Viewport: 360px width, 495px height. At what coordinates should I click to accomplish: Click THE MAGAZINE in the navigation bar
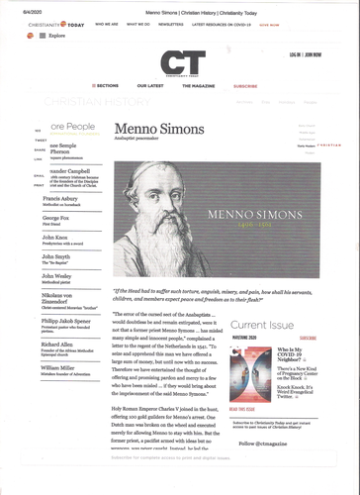click(207, 86)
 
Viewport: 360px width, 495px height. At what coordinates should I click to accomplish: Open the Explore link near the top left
click(56, 35)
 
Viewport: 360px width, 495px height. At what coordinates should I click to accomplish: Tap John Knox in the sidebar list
click(55, 238)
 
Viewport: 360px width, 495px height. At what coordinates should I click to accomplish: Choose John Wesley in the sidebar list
click(57, 276)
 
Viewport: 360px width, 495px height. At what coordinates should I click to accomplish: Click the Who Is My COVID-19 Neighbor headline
click(296, 352)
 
